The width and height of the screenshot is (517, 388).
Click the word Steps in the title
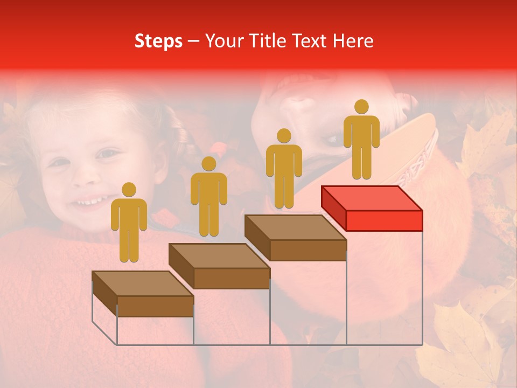point(158,41)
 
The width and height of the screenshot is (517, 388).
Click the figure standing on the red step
point(361,140)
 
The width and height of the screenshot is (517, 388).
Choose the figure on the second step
point(208,197)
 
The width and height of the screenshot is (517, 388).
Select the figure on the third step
point(284,169)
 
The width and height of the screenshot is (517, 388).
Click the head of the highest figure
point(361,107)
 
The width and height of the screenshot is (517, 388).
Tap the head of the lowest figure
point(129,190)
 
